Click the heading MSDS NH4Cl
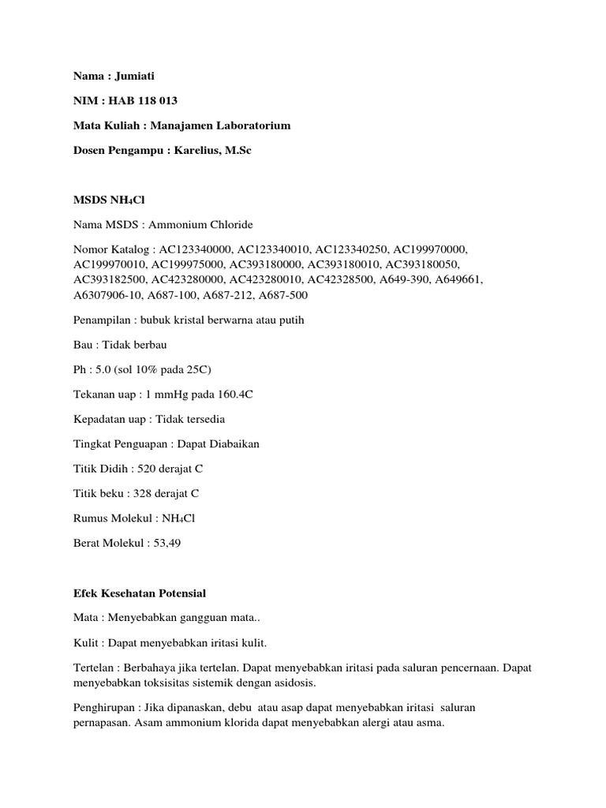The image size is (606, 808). (x=105, y=201)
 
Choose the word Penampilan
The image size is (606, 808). (x=97, y=320)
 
